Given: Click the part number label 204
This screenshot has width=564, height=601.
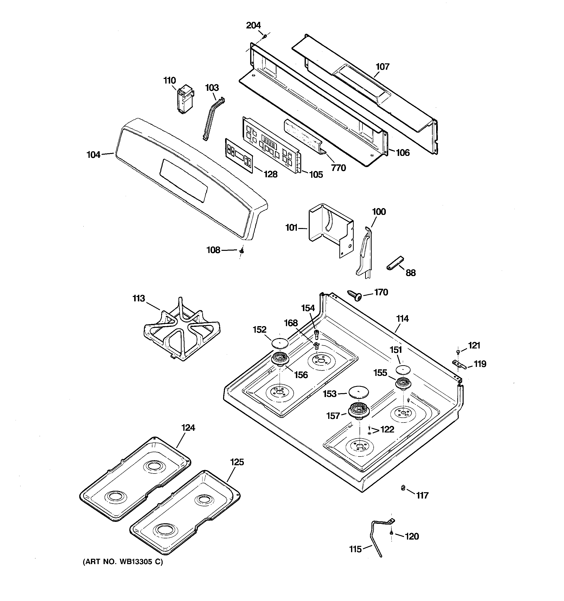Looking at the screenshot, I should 253,25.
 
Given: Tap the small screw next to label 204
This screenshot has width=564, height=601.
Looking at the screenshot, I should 264,36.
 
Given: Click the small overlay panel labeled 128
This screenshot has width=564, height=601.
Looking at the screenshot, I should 239,156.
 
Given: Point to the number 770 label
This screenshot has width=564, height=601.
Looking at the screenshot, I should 338,168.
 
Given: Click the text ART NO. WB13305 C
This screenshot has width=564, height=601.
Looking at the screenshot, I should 123,562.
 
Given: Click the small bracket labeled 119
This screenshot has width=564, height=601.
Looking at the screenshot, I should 458,364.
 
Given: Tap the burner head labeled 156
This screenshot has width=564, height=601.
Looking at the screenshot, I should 280,359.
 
